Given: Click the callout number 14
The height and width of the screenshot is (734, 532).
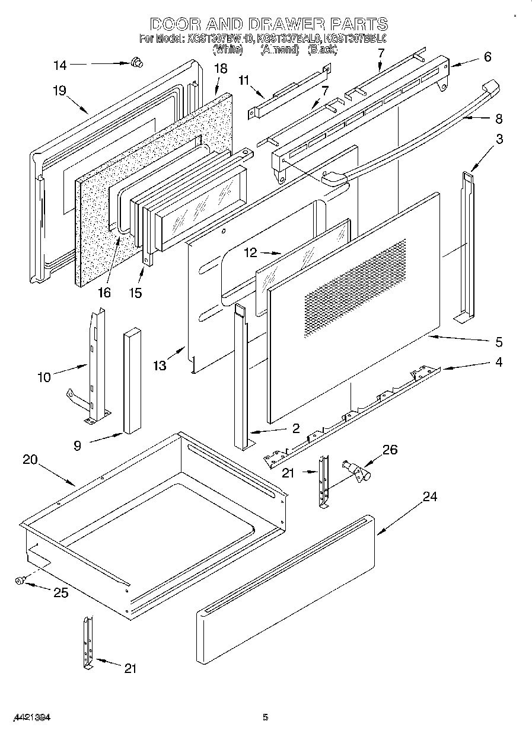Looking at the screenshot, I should click(x=60, y=65).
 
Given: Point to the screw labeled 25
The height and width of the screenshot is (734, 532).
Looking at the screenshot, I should click(x=20, y=582).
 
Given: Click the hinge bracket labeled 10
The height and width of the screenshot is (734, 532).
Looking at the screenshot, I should click(x=95, y=367).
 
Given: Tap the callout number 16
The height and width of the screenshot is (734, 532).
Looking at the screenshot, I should click(x=104, y=292).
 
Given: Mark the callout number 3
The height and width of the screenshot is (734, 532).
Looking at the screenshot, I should click(x=500, y=140).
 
